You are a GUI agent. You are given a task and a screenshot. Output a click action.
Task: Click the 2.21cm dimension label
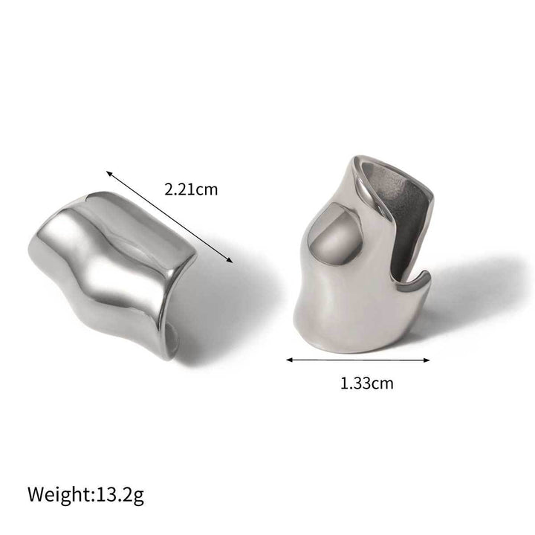(191, 189)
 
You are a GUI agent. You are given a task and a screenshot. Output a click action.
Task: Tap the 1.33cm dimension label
(366, 383)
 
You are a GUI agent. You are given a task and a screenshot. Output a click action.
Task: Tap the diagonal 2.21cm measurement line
(169, 215)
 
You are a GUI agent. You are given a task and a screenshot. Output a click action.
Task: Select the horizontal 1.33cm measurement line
(360, 360)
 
